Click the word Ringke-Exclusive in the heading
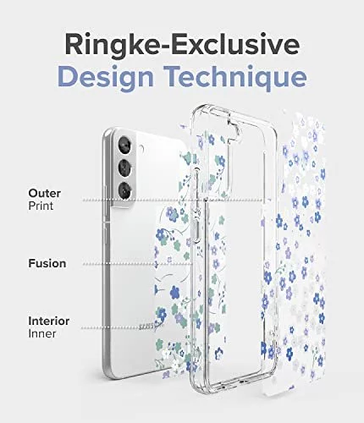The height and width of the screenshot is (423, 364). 182,45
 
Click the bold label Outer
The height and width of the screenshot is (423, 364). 44,193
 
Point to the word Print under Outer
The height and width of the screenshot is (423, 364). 41,206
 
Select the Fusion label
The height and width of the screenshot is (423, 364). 47,263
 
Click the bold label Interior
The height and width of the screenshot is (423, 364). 48,321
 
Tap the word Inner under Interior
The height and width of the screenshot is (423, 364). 42,334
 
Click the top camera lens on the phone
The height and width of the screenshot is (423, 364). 124,145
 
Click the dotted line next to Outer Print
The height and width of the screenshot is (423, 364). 173,201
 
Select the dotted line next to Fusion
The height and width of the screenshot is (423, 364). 138,264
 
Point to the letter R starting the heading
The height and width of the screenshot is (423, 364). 74,45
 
